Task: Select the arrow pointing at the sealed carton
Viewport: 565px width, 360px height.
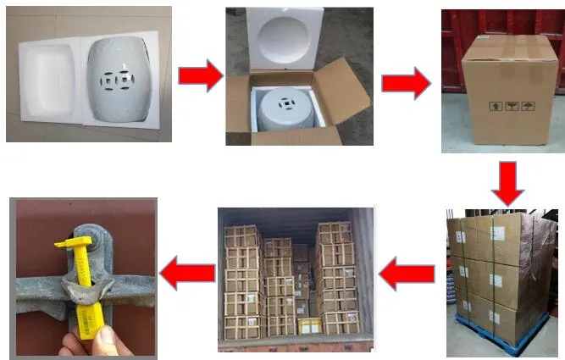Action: click(406, 82)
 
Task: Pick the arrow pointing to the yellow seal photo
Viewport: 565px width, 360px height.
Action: click(186, 274)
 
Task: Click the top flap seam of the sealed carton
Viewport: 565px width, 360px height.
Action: click(508, 43)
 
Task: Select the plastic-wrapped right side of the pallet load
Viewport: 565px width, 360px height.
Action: click(542, 271)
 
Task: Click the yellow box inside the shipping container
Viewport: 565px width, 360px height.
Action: click(309, 325)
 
